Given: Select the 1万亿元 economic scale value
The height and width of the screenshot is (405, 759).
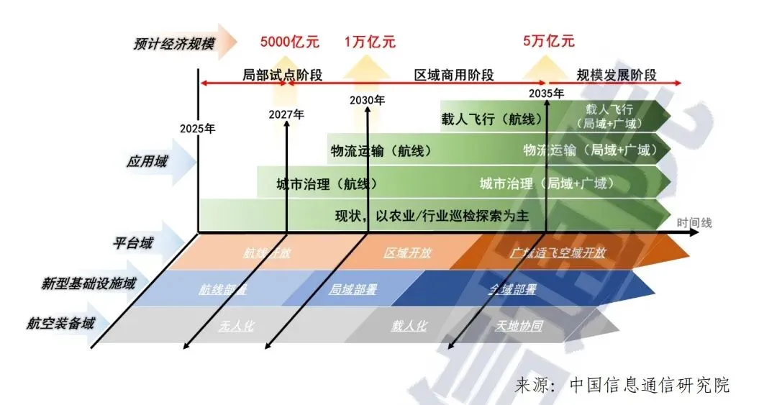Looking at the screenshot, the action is [x=370, y=41].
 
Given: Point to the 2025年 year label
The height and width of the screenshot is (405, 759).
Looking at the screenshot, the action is [x=198, y=129].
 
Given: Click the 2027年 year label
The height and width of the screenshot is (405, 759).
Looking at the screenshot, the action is [x=286, y=114].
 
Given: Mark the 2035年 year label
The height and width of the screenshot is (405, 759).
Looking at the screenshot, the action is [x=546, y=93].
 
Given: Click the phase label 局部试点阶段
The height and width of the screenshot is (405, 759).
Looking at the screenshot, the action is [x=272, y=75].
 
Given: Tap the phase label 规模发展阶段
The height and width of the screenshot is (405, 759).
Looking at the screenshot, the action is [x=617, y=75].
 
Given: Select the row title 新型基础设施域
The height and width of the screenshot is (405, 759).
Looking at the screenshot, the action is [x=88, y=283].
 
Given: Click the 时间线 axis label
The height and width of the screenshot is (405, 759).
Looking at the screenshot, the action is [x=694, y=223].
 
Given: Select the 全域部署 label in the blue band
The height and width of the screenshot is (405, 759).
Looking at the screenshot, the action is [x=512, y=289].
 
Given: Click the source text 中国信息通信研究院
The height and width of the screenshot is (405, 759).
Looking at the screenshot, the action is [x=649, y=385].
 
